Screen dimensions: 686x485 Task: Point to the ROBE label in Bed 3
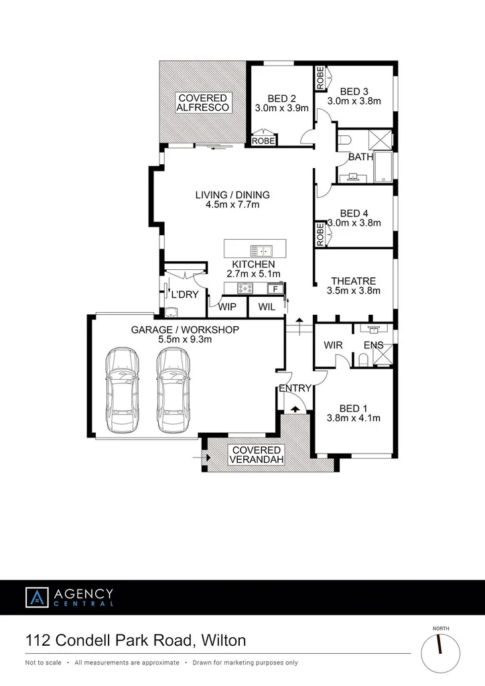pyautogui.click(x=320, y=79)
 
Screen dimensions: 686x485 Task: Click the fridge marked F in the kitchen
pyautogui.click(x=273, y=289)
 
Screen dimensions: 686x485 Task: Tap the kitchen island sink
pyautogui.click(x=261, y=251)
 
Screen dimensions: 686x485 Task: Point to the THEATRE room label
pyautogui.click(x=353, y=281)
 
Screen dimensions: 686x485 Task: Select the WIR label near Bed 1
pyautogui.click(x=333, y=345)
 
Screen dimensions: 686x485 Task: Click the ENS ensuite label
pyautogui.click(x=373, y=345)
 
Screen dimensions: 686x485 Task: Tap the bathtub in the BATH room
pyautogui.click(x=385, y=167)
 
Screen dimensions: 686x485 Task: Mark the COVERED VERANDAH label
pyautogui.click(x=257, y=454)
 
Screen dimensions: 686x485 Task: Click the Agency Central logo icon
pyautogui.click(x=36, y=597)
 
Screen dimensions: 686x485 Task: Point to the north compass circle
pyautogui.click(x=440, y=651)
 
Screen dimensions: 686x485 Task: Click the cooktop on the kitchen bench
pyautogui.click(x=244, y=289)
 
